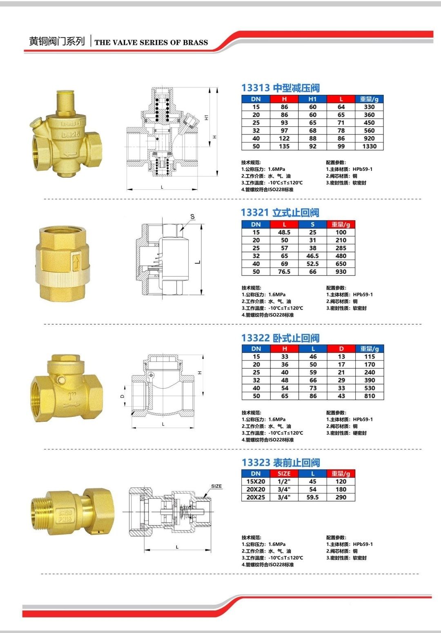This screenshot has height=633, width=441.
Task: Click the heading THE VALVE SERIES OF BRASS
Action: click(151, 42)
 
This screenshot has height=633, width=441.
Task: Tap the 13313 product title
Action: click(281, 88)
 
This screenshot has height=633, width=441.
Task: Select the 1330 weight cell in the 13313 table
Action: click(369, 146)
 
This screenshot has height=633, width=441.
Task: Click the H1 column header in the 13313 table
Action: click(312, 99)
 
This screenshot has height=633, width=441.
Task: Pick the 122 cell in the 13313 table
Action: click(284, 139)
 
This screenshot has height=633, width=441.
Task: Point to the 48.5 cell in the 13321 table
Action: click(284, 232)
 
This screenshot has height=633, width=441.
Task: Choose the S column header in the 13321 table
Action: click(312, 224)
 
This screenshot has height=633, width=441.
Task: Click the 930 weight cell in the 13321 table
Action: click(341, 272)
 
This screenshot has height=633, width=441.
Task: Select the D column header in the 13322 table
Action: click(341, 349)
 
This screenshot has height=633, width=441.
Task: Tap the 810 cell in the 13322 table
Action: click(370, 396)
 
